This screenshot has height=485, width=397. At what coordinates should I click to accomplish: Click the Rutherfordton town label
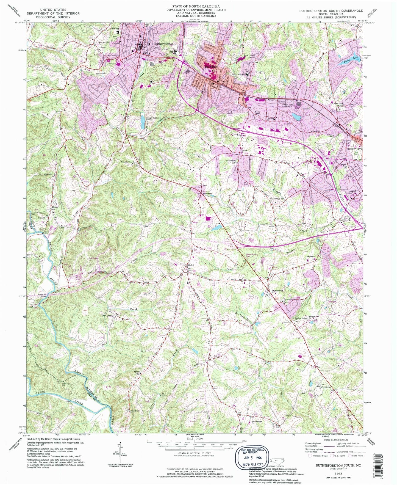164,44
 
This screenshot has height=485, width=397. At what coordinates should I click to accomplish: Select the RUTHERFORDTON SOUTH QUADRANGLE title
331,11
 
